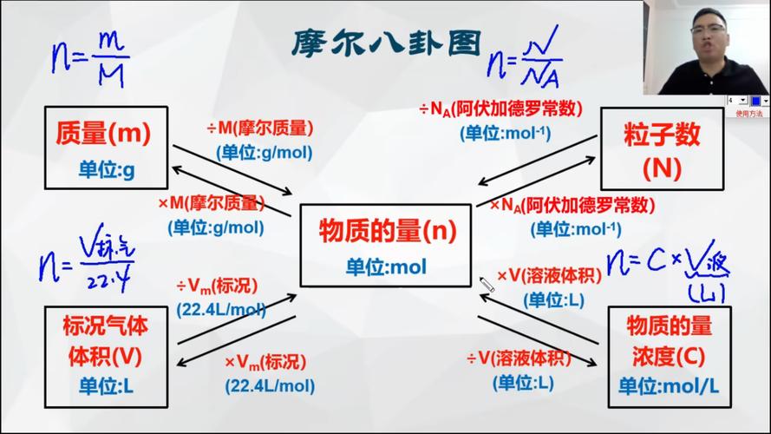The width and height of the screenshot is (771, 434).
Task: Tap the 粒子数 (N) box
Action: (662, 149)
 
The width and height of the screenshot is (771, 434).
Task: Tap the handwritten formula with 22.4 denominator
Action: (87, 262)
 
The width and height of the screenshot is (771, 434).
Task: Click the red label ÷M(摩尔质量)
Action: (259, 128)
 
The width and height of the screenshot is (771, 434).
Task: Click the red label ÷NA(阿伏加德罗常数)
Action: (500, 109)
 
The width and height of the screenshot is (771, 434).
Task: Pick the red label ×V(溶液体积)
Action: (549, 276)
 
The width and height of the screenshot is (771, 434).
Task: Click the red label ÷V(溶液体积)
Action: (519, 358)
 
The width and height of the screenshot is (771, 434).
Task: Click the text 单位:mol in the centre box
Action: (387, 267)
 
